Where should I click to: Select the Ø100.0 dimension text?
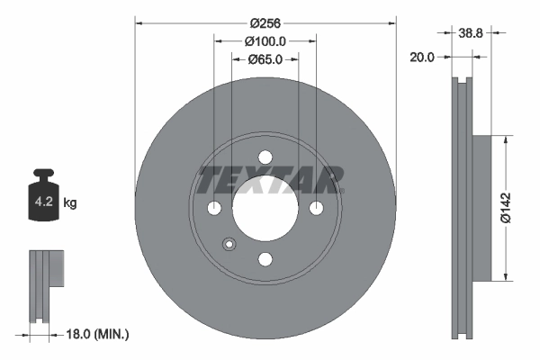coord(265,41)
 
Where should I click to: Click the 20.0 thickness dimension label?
coord(422,56)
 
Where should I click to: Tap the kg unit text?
coord(71,203)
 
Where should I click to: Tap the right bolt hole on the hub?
coord(316,208)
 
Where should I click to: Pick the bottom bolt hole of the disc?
coord(265,259)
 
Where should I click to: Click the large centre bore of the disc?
coord(265,208)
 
